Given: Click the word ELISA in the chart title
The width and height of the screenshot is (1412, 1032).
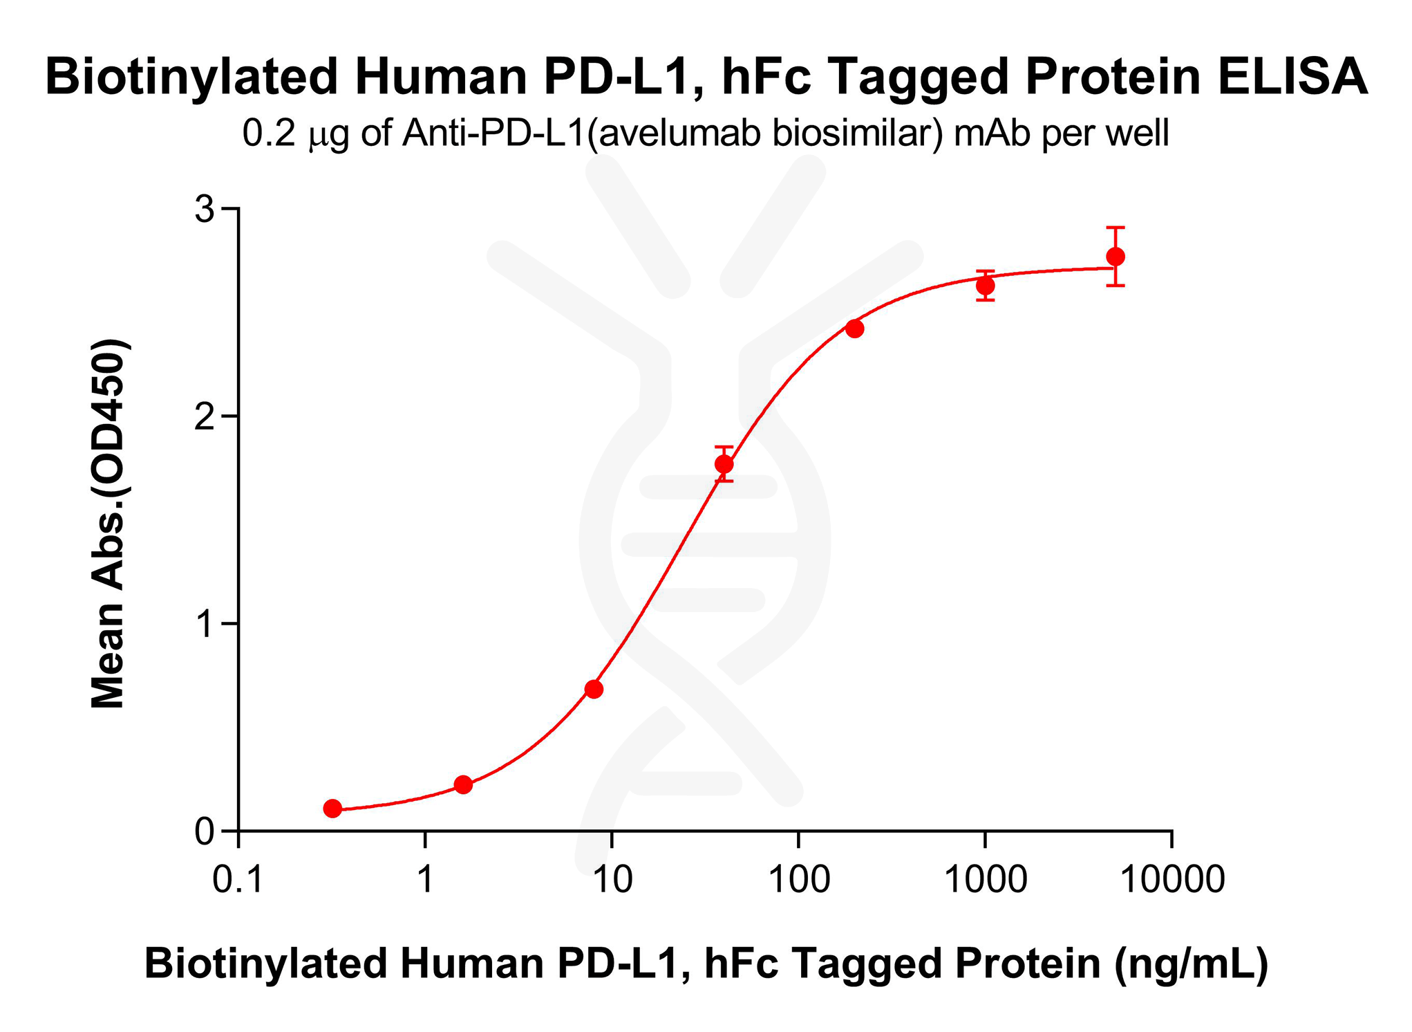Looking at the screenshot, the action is (x=1292, y=77).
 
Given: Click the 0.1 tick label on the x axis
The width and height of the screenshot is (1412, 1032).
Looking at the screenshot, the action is (x=238, y=880).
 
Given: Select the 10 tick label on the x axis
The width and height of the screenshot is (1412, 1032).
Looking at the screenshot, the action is (x=612, y=880).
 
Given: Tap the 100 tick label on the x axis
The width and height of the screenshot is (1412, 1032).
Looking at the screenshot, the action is (x=798, y=880).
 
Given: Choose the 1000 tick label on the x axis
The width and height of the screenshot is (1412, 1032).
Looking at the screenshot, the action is (x=985, y=880).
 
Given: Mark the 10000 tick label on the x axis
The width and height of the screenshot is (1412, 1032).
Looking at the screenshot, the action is (x=1171, y=880).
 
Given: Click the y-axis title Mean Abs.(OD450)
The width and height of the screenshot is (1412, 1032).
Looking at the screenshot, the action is (x=109, y=524).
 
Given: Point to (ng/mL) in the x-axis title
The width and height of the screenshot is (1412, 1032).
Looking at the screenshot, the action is (x=1191, y=964).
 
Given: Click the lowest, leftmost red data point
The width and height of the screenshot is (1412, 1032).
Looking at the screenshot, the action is (x=332, y=808).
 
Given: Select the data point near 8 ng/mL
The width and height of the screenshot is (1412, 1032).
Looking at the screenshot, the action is (x=594, y=689).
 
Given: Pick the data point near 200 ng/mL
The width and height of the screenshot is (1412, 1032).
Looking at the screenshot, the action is (x=855, y=329).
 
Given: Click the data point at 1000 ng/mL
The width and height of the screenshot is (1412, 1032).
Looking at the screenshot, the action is (x=986, y=286).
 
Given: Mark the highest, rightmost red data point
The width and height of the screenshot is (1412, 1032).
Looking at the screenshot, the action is (x=1116, y=257).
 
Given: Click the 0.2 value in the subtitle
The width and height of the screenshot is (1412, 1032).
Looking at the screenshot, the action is (x=269, y=133).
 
